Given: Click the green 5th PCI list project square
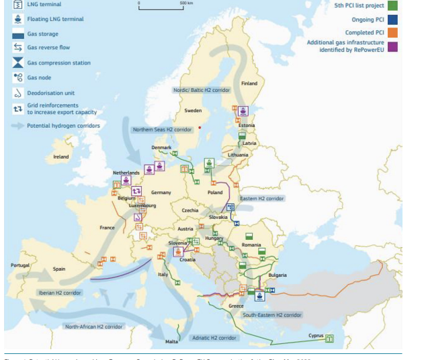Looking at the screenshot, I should [392, 5].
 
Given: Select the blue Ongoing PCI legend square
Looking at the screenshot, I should [392, 19].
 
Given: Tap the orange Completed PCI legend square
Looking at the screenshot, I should [392, 32].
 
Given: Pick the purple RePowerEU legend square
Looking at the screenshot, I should [392, 46].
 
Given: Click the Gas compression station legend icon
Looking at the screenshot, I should [18, 62].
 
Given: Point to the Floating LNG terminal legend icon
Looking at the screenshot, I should [18, 19].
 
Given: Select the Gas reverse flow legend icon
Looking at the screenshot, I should [18, 48].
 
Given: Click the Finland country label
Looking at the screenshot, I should [249, 83].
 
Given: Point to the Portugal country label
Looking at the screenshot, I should [19, 265].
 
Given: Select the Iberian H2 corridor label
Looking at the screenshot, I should [59, 293].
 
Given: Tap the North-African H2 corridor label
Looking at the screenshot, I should [93, 326].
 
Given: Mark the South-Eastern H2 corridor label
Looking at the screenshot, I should [271, 314].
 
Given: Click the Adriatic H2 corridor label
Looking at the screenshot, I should [214, 338].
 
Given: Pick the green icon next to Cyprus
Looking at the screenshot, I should [329, 339].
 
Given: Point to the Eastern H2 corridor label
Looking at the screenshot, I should [262, 198].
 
